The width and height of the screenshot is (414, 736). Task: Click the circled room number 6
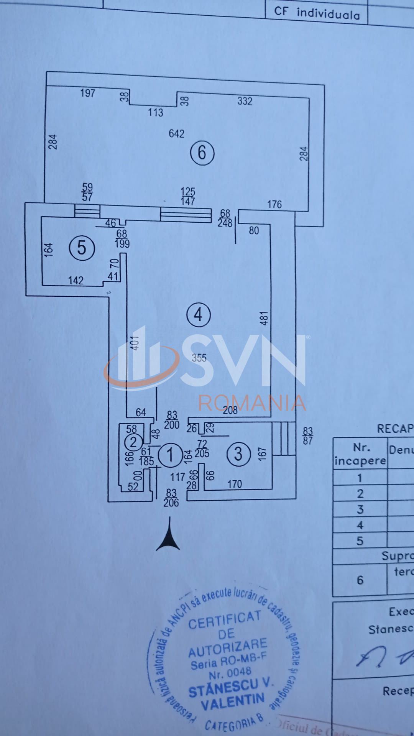(x=202, y=153)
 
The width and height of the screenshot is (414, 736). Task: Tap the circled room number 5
(x=82, y=248)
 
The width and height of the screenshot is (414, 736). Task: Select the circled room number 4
(x=198, y=315)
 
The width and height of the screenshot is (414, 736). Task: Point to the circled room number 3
(x=238, y=454)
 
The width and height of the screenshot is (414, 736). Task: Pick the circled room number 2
(x=133, y=442)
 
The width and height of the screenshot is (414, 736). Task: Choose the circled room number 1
(x=170, y=455)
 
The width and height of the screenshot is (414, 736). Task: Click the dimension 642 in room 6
(x=176, y=134)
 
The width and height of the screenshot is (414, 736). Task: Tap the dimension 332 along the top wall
(x=245, y=101)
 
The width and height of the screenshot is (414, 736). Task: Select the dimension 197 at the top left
(x=87, y=93)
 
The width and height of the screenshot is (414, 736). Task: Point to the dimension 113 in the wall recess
(x=155, y=113)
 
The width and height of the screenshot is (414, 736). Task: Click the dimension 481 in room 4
(x=264, y=318)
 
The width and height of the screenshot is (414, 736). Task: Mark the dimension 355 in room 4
(x=199, y=358)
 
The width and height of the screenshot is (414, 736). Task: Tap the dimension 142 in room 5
(x=76, y=281)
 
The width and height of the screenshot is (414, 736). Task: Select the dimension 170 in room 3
(x=234, y=485)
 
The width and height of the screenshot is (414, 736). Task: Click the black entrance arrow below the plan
(x=168, y=535)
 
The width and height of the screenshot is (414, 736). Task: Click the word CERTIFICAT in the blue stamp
(x=224, y=619)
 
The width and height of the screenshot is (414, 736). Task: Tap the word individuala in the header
(x=328, y=14)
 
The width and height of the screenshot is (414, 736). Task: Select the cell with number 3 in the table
(x=360, y=509)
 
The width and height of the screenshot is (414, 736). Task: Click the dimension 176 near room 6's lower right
(x=274, y=205)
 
